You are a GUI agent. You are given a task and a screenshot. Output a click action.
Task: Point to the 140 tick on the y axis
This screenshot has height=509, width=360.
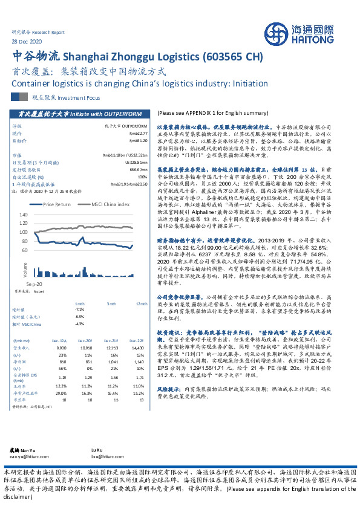[x=24, y=215]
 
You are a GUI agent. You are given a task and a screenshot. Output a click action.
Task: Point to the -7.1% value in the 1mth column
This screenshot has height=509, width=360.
[x=79, y=309]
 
